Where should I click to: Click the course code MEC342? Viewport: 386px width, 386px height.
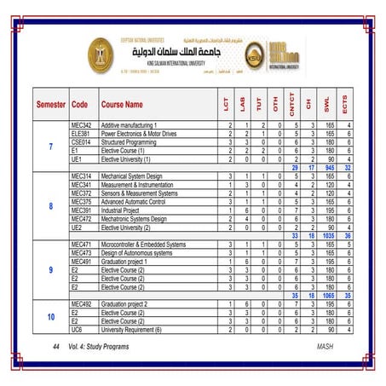pos(82,125)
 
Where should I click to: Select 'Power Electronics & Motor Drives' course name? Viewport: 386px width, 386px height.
pos(139,134)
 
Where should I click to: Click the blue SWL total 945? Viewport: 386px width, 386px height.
pos(328,167)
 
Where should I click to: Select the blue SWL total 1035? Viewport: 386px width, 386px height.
pos(328,235)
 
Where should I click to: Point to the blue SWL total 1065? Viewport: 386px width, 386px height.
pos(328,295)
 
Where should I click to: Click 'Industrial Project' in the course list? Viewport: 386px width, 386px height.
pos(125,210)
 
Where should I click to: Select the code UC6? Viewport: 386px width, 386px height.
pos(77,329)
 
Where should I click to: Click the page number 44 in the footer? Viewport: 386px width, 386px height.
pos(55,348)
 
